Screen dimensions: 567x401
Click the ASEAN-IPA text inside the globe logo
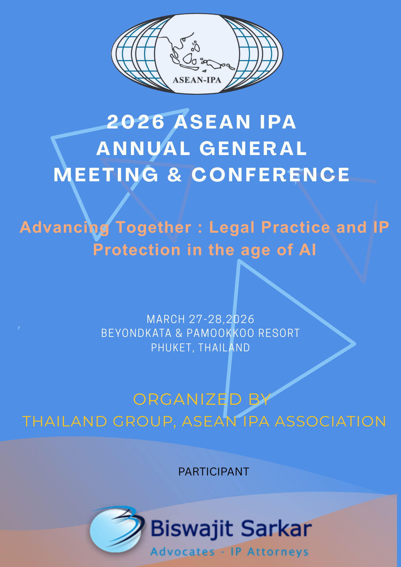tap(197, 80)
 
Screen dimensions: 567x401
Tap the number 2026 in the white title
tap(136, 122)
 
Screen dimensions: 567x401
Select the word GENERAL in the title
tap(253, 148)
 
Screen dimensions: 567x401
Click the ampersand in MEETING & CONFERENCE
tap(175, 175)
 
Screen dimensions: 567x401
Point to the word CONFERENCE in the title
tap(271, 175)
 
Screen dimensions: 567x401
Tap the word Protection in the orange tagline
tap(137, 250)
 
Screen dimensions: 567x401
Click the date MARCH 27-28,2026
tap(200, 319)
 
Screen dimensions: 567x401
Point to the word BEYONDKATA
tap(136, 333)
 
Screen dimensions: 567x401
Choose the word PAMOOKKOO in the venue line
tap(220, 333)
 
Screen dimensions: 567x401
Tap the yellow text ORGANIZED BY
tap(202, 399)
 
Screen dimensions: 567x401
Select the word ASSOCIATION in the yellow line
tap(330, 421)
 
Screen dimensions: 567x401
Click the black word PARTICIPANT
tap(214, 472)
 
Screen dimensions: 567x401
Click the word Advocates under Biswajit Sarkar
tap(182, 552)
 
